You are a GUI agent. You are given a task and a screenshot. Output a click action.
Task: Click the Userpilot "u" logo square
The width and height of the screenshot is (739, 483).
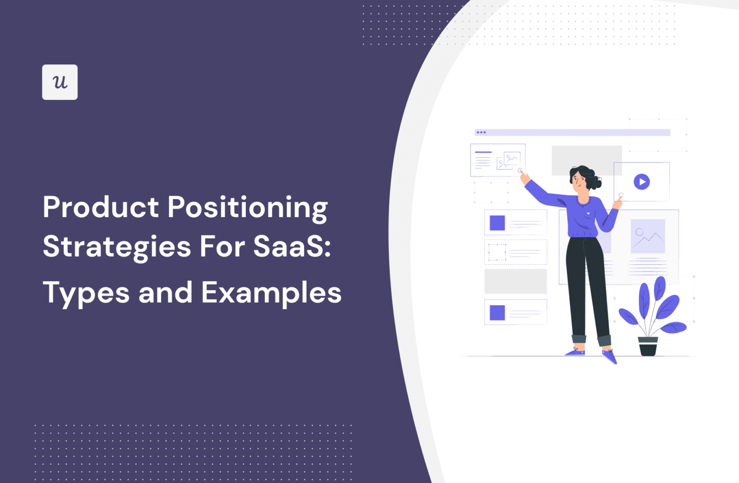click(x=60, y=82)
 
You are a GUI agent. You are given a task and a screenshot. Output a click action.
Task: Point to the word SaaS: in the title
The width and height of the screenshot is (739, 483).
click(x=292, y=246)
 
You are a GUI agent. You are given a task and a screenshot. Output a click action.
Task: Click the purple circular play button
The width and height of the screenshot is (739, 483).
click(x=641, y=182)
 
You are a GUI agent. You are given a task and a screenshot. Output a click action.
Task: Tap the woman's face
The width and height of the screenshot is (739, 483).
click(x=579, y=180)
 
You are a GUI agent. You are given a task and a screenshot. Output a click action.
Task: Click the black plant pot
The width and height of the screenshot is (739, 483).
click(x=648, y=347)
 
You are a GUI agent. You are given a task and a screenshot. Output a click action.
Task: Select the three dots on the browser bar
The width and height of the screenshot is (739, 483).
click(x=481, y=132)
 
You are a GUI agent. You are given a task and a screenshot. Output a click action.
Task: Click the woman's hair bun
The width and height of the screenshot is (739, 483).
click(x=596, y=182)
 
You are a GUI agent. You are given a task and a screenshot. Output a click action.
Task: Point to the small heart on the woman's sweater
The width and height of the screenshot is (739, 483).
click(x=588, y=213)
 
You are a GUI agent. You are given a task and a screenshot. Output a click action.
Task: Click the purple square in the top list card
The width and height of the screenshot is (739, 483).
click(x=497, y=223)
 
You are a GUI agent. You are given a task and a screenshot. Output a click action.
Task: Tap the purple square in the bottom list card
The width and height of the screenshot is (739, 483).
click(x=497, y=313)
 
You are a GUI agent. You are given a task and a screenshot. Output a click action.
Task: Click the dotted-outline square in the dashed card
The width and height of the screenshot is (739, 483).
click(x=497, y=252)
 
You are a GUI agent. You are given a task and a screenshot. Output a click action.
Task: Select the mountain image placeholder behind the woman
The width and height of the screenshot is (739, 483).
click(x=648, y=236)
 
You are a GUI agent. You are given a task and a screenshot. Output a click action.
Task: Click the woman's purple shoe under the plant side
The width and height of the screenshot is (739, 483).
click(x=609, y=357)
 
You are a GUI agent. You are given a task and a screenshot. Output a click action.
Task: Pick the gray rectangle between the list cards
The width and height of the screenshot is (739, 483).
click(x=515, y=281)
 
